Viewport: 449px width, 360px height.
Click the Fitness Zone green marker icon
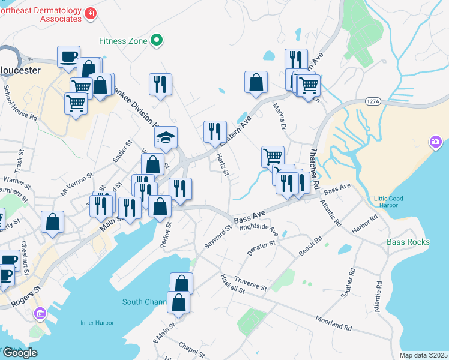click(157, 40)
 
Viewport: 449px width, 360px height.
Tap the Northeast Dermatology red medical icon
click(90, 13)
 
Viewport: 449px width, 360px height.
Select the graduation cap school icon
click(166, 137)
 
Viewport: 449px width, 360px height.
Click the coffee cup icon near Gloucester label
click(68, 57)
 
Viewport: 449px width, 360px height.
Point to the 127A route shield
click(372, 103)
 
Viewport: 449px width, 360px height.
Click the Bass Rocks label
click(408, 242)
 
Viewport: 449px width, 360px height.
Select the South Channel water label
click(144, 302)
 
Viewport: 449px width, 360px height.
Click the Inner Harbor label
click(97, 323)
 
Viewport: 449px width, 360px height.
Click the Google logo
click(20, 353)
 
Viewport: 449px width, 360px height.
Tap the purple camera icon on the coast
click(435, 142)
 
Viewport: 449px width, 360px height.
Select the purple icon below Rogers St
click(40, 313)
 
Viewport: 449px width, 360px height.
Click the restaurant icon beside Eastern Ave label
click(215, 132)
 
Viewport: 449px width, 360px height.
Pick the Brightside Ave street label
click(259, 230)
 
